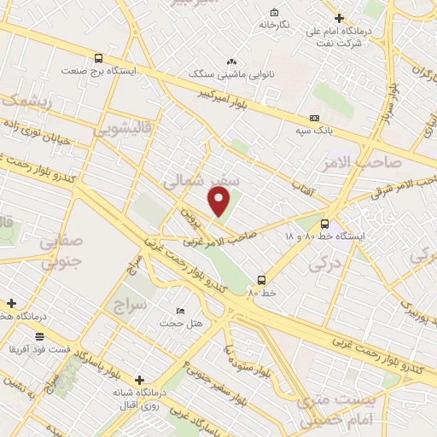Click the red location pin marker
[x=219, y=201]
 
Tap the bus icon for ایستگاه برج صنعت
[x=99, y=59]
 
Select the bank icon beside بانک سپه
[x=315, y=117]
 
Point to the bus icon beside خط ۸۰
[x=261, y=279]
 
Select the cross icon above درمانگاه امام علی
[x=339, y=18]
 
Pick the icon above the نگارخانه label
[x=274, y=12]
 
